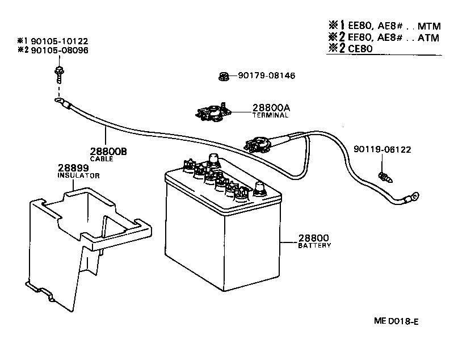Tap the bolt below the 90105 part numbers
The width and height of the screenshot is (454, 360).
[58, 72]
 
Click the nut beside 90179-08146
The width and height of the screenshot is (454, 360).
[224, 76]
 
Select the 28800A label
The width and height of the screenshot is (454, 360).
[271, 108]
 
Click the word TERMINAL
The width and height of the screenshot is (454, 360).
[271, 115]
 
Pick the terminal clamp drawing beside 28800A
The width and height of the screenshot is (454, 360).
[211, 111]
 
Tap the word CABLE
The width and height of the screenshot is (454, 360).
[102, 160]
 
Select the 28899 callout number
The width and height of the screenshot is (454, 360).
[72, 169]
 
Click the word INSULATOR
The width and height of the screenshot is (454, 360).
[79, 176]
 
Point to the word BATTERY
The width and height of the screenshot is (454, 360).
[314, 246]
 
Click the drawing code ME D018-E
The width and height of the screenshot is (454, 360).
[397, 322]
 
